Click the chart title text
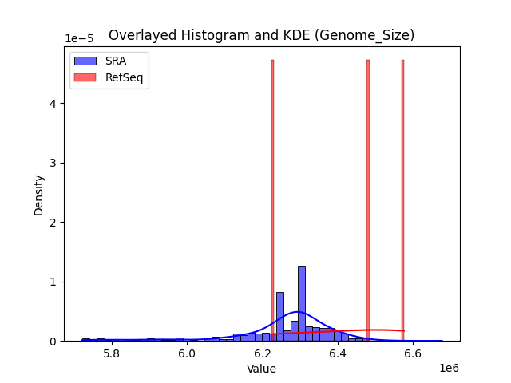point(261,35)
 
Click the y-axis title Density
point(39,195)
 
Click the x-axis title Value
point(261,369)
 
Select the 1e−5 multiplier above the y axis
point(79,39)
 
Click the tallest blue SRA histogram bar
point(302,303)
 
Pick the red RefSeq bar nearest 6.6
point(402,199)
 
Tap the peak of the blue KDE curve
point(297,312)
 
